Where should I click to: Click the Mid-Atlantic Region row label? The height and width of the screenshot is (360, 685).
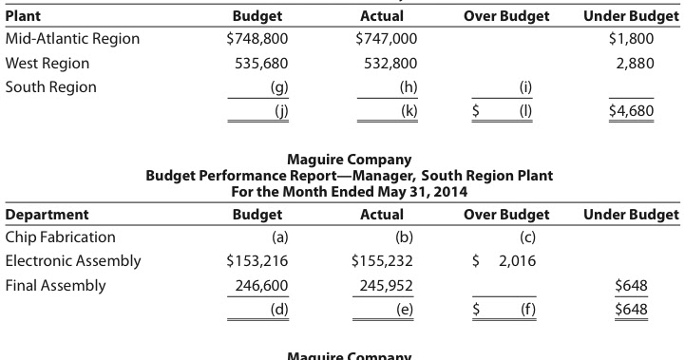click(x=72, y=39)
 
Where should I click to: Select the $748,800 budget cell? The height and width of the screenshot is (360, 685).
click(x=257, y=39)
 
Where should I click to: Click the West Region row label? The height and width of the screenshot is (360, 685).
click(x=48, y=64)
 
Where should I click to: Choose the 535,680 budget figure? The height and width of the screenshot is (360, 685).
click(x=260, y=64)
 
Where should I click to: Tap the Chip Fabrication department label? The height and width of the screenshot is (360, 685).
click(x=61, y=237)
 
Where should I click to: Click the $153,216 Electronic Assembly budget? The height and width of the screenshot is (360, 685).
click(x=257, y=260)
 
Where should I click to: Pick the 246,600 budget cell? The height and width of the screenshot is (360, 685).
click(x=260, y=285)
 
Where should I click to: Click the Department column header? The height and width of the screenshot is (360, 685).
click(x=48, y=214)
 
